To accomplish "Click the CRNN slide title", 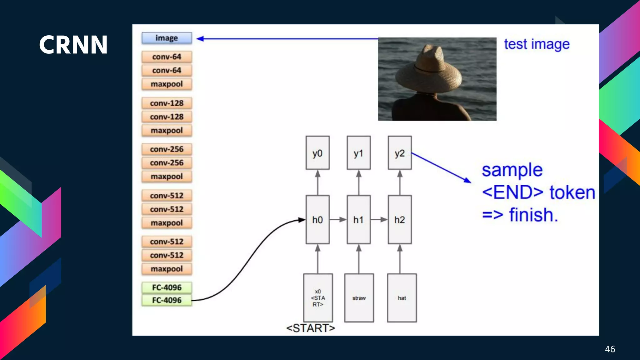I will click(73, 45).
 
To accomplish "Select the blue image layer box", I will click(167, 38).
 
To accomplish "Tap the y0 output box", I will click(317, 153).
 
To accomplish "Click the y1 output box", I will click(358, 153).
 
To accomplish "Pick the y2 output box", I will click(399, 153).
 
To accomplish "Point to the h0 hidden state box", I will click(317, 220).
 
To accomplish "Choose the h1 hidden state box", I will click(358, 220).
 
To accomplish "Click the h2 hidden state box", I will click(399, 220).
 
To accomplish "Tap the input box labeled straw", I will click(359, 298).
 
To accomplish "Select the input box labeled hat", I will click(402, 298).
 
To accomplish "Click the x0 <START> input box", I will click(318, 298).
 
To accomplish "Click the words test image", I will click(537, 44).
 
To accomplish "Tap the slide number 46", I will click(610, 349).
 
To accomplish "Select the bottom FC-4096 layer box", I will click(167, 300).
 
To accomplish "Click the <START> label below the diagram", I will click(310, 328).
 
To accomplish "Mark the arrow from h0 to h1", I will click(338, 220).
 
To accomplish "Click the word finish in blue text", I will click(533, 215).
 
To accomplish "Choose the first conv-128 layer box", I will click(167, 103).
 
